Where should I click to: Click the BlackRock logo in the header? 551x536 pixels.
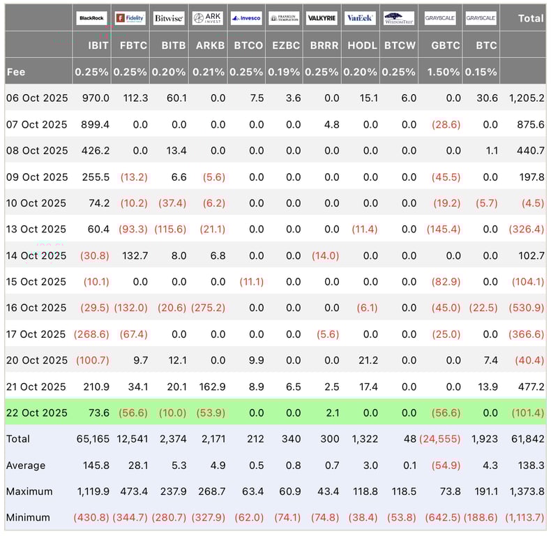(x=92, y=18)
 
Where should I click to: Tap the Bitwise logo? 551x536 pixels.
(x=169, y=18)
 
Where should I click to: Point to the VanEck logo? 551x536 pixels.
(x=361, y=18)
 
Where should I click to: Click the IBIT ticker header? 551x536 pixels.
(x=97, y=45)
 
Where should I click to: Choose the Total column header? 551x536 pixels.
(x=530, y=18)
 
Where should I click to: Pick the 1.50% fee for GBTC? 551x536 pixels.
(x=444, y=71)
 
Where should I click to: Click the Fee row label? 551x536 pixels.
(x=16, y=71)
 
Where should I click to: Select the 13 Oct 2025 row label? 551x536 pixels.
(x=36, y=229)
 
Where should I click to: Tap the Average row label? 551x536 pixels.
(x=26, y=466)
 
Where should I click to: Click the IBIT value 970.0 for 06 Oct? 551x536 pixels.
(x=96, y=98)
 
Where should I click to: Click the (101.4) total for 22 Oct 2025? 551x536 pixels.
(x=527, y=412)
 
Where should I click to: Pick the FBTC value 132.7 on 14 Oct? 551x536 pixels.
(x=134, y=255)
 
